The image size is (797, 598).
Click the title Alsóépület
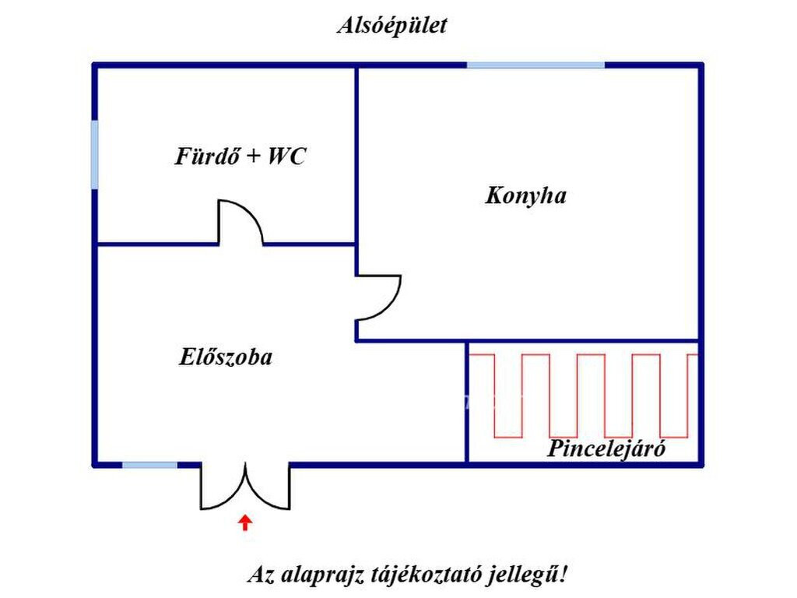[392, 26]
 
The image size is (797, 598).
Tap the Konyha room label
[525, 195]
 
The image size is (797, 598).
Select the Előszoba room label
[226, 357]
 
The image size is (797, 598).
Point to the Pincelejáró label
[606, 448]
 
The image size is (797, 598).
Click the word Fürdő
[207, 156]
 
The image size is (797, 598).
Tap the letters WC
[286, 156]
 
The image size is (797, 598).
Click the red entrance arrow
[245, 522]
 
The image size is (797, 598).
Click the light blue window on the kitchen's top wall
[535, 65]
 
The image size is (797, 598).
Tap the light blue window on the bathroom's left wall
[94, 155]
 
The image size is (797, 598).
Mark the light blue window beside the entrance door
[149, 465]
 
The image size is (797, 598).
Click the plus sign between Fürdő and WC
[253, 156]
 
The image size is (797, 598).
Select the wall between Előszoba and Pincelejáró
[467, 403]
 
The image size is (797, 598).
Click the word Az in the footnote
[260, 575]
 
